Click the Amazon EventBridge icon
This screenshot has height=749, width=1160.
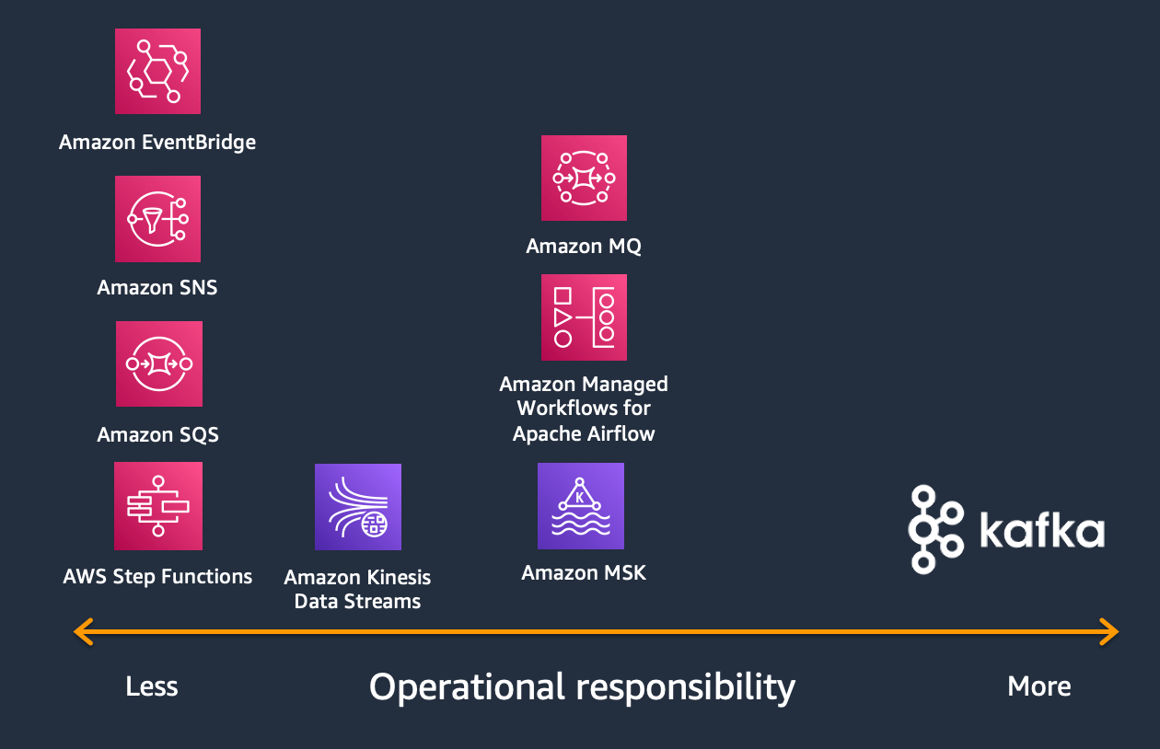pos(157,72)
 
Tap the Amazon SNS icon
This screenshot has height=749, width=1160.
pos(157,219)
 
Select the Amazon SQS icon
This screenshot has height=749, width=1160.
pos(158,363)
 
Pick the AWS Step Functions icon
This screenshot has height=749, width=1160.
pos(157,506)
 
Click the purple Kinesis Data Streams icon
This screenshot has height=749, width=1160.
pos(357,507)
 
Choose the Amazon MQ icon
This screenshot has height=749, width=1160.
pos(584,179)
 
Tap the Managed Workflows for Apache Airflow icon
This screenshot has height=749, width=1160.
pos(584,317)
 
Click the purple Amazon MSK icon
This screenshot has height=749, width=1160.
pos(580,506)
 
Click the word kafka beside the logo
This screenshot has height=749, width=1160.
pos(1041,532)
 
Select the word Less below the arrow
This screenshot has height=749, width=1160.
pos(152,686)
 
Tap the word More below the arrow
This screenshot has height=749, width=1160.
pos(1039,686)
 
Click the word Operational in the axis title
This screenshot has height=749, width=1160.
pos(467,687)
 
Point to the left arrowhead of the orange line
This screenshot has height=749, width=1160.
pos(82,632)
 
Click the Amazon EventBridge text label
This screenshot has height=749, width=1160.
pos(157,143)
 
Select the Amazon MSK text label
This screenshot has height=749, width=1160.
pos(584,573)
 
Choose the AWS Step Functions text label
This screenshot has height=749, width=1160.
pos(157,577)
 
